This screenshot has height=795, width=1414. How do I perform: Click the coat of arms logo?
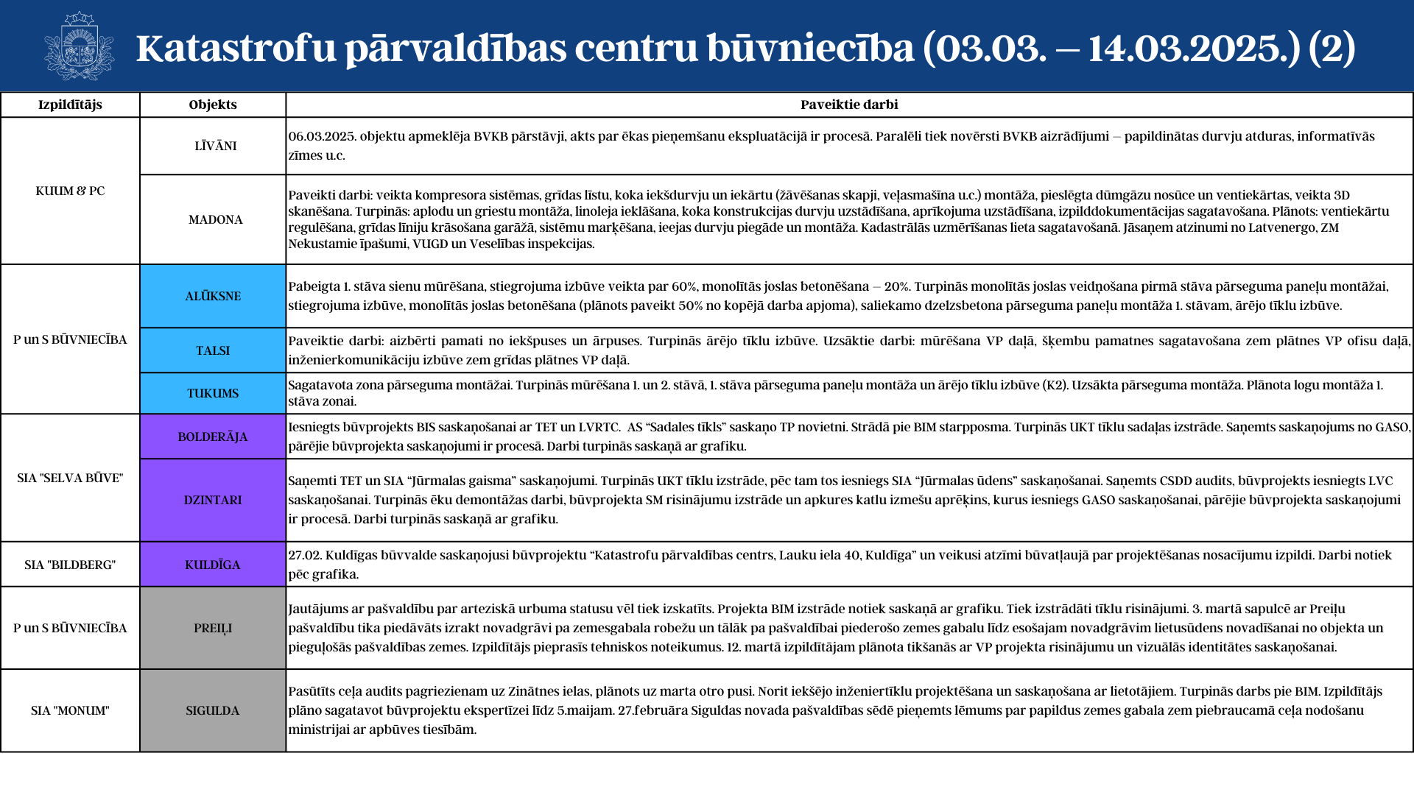79,46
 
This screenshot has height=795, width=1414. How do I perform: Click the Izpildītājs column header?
70,105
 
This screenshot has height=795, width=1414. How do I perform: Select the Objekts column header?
213,105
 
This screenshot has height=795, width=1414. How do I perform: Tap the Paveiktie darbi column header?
849,105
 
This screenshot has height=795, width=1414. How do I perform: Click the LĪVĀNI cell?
215,146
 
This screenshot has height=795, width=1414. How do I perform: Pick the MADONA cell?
215,219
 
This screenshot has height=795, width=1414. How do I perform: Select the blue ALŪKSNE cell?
213,296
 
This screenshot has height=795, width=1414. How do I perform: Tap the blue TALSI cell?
213,350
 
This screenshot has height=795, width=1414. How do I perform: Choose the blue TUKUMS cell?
213,393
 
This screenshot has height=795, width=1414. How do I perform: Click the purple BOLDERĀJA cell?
213,437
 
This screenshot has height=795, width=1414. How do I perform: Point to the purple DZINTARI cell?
213,500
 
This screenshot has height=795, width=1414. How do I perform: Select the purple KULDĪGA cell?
213,565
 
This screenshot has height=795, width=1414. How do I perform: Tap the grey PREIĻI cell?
213,628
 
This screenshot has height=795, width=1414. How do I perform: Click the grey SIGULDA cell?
213,710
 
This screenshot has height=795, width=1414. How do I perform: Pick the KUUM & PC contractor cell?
70,191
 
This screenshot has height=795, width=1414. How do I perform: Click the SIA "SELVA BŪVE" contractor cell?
70,478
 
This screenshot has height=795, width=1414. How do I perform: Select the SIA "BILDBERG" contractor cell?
70,565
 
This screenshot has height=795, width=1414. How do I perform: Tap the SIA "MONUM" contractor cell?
70,710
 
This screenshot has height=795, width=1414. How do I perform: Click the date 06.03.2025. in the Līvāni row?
322,136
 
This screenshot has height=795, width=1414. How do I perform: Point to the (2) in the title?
1332,48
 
